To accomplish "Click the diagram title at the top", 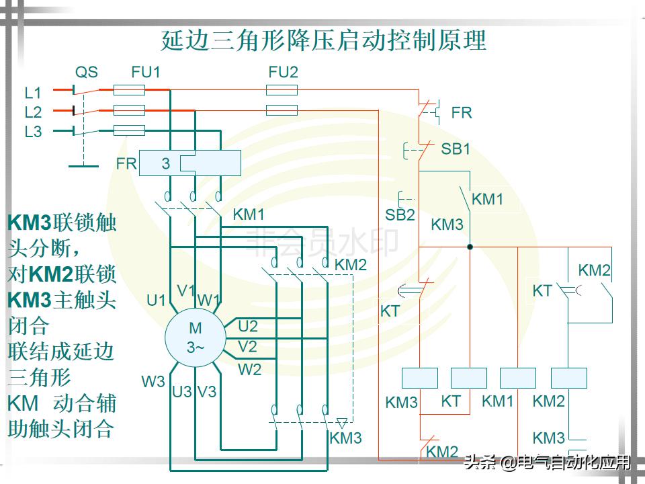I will coord(323,40).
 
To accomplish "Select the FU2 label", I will coord(282,72).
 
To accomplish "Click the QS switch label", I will coord(86,72).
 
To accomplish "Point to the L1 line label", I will coord(33,92).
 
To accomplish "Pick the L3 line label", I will coord(33,132).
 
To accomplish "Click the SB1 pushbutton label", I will coord(456,149).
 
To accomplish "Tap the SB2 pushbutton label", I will coord(400,215).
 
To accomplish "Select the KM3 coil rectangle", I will coord(419,378).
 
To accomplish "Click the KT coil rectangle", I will coord(469,378).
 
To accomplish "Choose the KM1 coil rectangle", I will coord(519,378).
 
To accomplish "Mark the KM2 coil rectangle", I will coord(568,378).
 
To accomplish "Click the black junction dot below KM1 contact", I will coord(470,247).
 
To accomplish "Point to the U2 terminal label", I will coord(248,327).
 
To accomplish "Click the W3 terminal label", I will coord(153,381).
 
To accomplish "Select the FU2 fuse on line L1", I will coord(282,90).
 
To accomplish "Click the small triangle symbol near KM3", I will coord(341,423).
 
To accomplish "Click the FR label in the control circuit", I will coord(462,113).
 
